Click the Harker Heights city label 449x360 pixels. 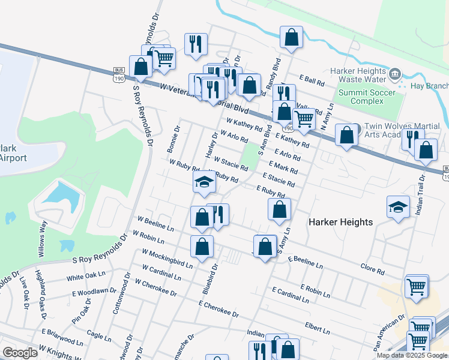[340, 222]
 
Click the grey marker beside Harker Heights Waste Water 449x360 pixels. [395, 74]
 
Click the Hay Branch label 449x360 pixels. [431, 86]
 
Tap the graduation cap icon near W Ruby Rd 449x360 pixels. [204, 182]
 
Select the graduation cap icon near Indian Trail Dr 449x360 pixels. [398, 207]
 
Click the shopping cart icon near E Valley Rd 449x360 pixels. [304, 119]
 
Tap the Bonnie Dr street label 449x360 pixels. [174, 139]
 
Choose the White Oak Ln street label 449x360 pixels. [82, 277]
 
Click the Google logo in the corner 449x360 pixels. [20, 353]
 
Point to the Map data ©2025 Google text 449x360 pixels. [411, 355]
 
